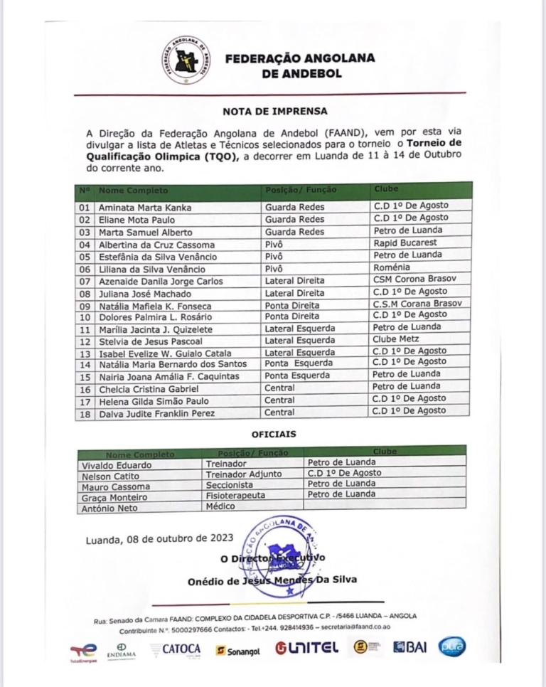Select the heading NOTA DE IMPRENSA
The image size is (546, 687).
(x=275, y=112)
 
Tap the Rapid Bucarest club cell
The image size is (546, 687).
(x=405, y=243)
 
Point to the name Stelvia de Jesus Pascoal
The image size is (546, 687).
(x=141, y=340)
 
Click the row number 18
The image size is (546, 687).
(x=84, y=412)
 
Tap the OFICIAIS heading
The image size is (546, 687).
(x=274, y=433)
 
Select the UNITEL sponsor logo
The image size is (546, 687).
(x=308, y=649)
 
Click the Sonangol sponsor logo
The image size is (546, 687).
(x=239, y=650)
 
